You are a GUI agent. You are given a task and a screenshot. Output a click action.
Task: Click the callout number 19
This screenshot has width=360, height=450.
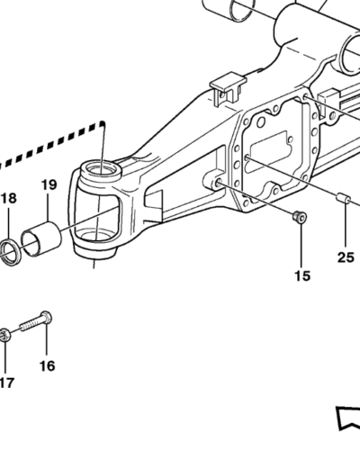tap(49, 184)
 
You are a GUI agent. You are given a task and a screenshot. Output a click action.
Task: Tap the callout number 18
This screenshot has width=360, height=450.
tap(8, 198)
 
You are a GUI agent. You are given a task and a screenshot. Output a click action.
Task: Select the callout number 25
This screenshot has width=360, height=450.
tap(346, 257)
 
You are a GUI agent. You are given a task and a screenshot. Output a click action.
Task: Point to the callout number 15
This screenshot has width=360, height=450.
tap(302, 275)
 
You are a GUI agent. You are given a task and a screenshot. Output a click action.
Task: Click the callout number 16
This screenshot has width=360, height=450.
tap(48, 365)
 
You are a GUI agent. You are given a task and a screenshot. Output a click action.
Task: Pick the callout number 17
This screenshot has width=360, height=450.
tap(6, 382)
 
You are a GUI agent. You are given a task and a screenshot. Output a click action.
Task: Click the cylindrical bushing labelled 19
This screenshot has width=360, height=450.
tap(41, 238)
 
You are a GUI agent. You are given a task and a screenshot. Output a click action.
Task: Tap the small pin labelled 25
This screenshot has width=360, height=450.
tap(342, 198)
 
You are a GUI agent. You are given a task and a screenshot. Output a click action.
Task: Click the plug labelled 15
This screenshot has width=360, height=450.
tap(300, 216)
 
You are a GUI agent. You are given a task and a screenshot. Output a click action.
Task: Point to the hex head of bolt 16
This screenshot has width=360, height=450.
tap(45, 317)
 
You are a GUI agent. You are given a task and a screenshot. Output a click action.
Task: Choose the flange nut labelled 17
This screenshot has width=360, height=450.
tap(4, 334)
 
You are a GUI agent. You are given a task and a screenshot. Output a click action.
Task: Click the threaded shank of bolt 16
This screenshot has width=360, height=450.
tap(30, 324)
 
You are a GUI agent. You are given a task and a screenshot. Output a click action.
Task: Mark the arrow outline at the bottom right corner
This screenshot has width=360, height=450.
tap(348, 418)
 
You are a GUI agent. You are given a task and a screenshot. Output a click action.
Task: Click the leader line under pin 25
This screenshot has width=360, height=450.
tap(346, 227)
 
